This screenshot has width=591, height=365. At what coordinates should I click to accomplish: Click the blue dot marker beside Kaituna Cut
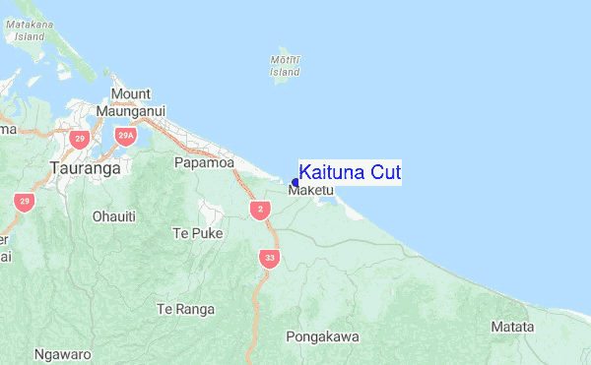tap(295, 182)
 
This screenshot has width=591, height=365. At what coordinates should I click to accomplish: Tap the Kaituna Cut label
tap(350, 172)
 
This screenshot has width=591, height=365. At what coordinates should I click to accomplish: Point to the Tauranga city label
tap(85, 168)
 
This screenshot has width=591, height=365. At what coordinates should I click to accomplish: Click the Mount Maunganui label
tap(131, 102)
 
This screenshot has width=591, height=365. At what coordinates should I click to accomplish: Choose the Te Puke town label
tap(198, 233)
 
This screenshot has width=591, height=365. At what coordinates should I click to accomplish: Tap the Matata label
tap(513, 327)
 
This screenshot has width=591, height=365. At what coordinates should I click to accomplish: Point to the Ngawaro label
tap(62, 352)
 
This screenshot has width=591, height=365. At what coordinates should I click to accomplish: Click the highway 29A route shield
tap(125, 136)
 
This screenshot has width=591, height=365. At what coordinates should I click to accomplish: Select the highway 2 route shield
tap(260, 210)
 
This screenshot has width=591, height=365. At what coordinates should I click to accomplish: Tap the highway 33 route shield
tap(269, 259)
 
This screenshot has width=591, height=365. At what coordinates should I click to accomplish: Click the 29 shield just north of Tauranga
tap(80, 139)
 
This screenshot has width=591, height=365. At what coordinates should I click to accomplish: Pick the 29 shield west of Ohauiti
tap(24, 202)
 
